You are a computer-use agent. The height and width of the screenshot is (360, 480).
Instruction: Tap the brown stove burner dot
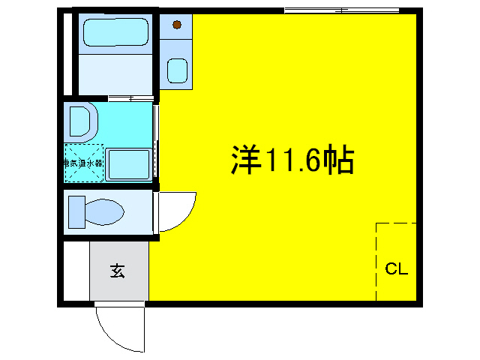pyautogui.click(x=177, y=25)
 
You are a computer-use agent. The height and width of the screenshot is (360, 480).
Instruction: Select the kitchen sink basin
pyautogui.click(x=177, y=70)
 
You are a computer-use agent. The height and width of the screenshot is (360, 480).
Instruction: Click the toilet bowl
pyautogui.click(x=104, y=211)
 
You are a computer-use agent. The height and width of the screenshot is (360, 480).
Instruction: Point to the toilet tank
pyautogui.click(x=76, y=211)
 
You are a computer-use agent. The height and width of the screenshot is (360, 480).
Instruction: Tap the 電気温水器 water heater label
pyautogui.click(x=82, y=162)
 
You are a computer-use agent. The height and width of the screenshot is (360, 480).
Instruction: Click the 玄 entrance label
pyautogui.click(x=118, y=271)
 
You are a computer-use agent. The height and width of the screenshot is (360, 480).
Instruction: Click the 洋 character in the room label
pyautogui.click(x=245, y=160)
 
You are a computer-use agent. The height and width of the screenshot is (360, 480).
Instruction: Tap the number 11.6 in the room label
pyautogui.click(x=292, y=160)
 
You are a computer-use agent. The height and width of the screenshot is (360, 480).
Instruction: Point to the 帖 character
pyautogui.click(x=338, y=160)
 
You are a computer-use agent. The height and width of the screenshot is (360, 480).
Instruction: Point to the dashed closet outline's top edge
pyautogui.click(x=395, y=223)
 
